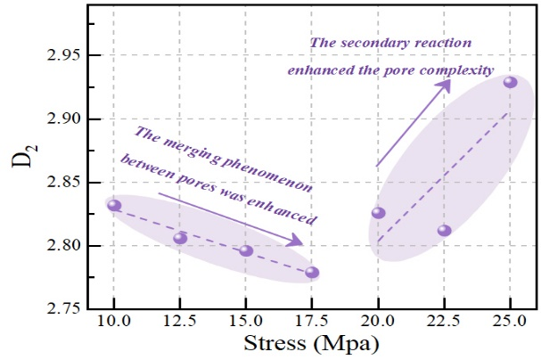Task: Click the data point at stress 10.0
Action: [114, 205]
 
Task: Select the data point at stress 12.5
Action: [180, 238]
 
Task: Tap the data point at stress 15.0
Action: [246, 250]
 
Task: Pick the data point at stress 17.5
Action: [312, 273]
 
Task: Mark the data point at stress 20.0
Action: [378, 212]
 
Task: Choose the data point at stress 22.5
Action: [444, 231]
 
